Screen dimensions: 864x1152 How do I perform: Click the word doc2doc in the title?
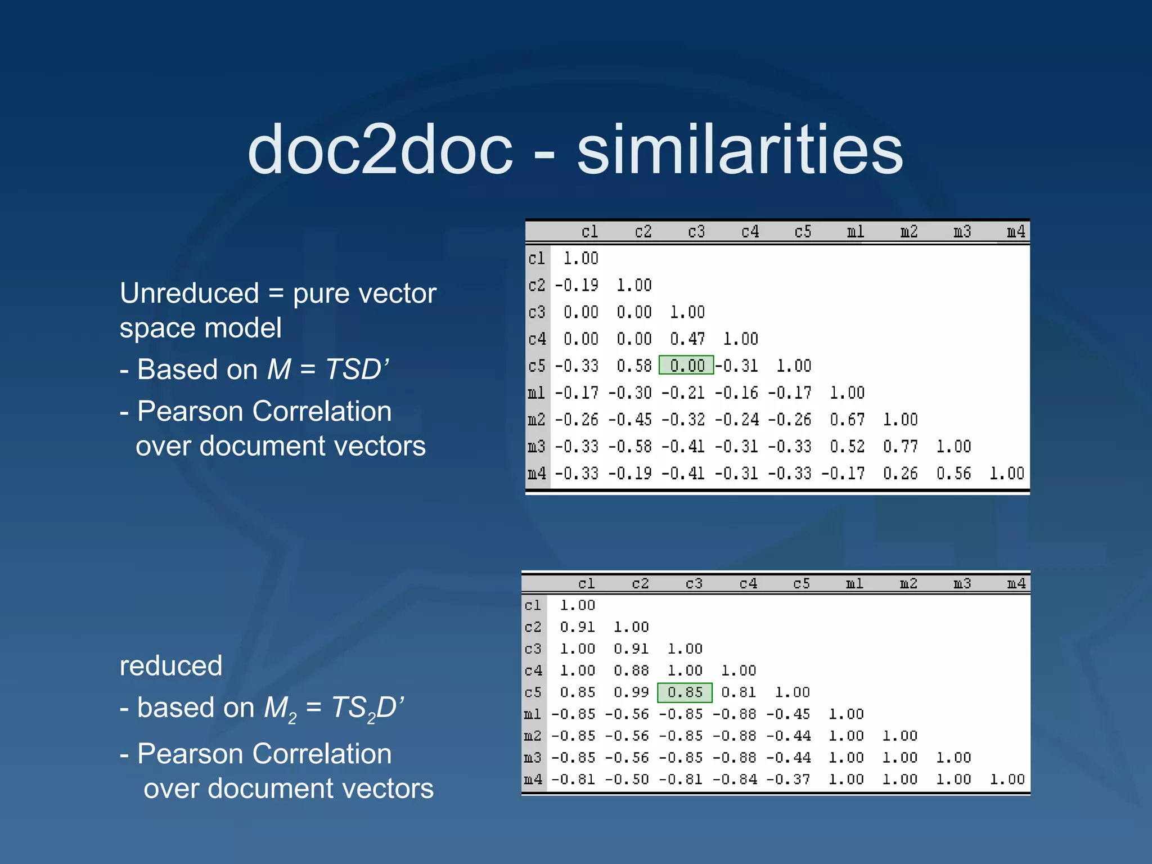coord(380,150)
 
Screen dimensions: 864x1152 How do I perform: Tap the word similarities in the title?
coord(740,150)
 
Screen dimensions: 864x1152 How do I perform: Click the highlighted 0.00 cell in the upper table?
coord(686,366)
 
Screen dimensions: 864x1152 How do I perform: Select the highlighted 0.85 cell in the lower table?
coord(685,692)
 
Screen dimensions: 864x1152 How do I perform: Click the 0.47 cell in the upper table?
coord(687,339)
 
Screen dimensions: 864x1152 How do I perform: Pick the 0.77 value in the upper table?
coord(900,447)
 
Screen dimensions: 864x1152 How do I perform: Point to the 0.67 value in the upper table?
coord(847,420)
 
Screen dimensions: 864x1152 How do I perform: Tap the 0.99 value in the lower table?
coord(631,692)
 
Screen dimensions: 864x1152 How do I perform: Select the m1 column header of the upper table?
coord(856,232)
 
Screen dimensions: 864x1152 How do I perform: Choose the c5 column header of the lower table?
coord(802,584)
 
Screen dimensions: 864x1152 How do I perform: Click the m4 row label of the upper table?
coord(537,474)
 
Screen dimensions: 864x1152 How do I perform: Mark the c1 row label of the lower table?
coord(533,605)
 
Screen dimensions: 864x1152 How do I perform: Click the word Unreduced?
coord(189,294)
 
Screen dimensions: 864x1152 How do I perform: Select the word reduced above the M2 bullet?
coord(171,666)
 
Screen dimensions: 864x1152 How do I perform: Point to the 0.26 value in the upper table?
coord(900,474)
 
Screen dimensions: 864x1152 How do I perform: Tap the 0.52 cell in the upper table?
coord(847,447)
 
